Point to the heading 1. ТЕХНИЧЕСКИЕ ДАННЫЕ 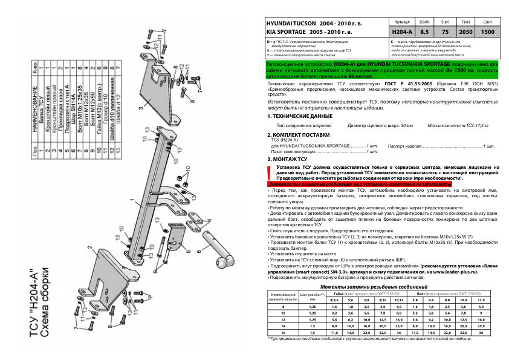point(300,115)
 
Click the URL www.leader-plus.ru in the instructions point(466,272)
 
